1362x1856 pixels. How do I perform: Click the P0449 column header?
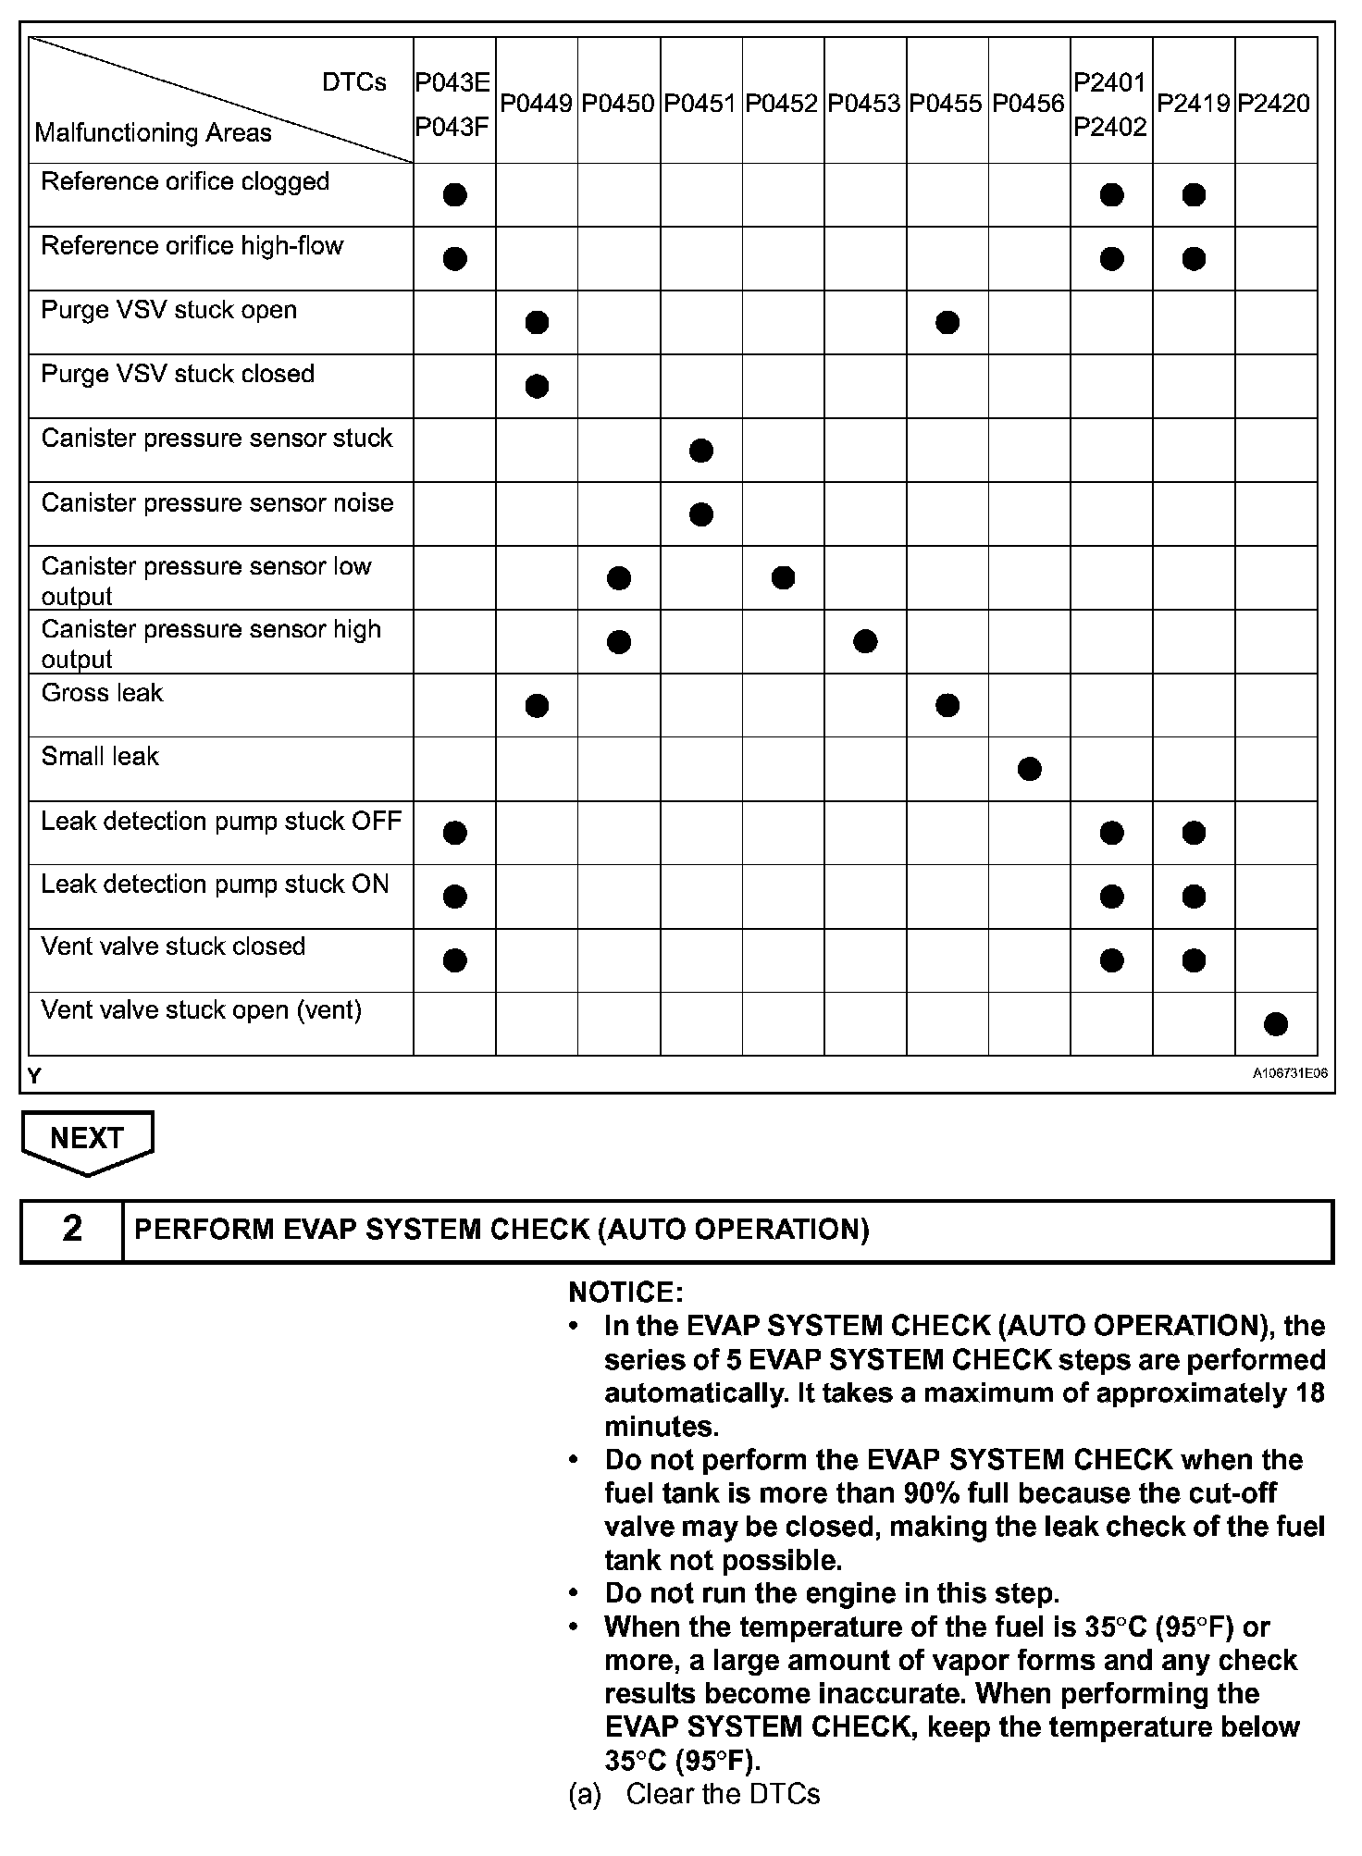[537, 103]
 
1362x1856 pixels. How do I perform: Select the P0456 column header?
[1029, 103]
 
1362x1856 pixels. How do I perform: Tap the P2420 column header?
[1274, 103]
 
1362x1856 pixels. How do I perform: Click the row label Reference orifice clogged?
[185, 181]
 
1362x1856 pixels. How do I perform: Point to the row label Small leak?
[100, 757]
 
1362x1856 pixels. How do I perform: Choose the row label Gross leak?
[102, 693]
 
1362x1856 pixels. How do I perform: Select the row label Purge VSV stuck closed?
[178, 374]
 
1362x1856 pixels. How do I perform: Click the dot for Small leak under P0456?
[1029, 769]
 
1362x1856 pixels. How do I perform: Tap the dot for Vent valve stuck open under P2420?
[1275, 1023]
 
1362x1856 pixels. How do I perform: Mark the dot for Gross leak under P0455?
[947, 705]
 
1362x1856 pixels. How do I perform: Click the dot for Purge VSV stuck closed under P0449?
[537, 386]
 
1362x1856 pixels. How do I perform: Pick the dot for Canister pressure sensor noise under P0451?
[701, 513]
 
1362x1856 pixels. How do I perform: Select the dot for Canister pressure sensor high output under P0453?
[865, 641]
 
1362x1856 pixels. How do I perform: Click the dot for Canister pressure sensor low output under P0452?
[783, 578]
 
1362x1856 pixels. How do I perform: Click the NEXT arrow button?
[87, 1140]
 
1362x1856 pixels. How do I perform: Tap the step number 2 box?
[72, 1230]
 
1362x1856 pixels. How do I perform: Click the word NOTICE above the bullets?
[625, 1292]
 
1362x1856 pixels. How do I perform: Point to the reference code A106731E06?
[1290, 1074]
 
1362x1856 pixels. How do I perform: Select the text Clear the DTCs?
[723, 1794]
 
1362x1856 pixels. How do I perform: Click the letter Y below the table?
[34, 1076]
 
